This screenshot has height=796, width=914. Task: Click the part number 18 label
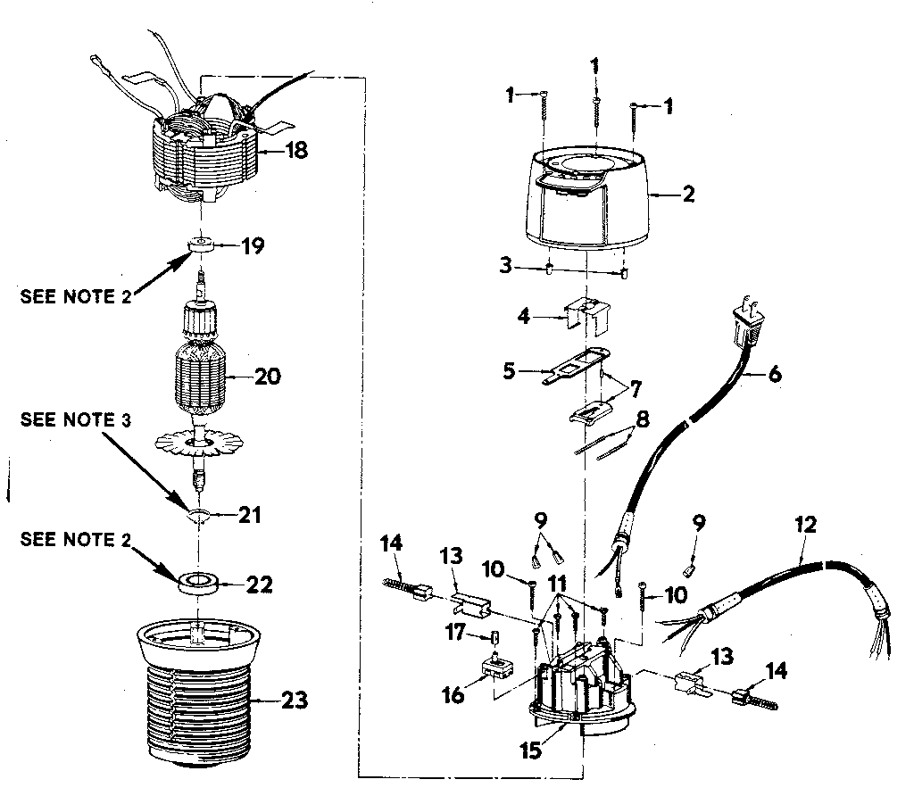point(296,150)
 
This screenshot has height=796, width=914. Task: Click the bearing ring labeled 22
point(198,584)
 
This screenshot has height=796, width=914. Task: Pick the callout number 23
point(295,700)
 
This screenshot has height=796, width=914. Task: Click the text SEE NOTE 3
point(76,419)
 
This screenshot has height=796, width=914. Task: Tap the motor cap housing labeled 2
point(589,198)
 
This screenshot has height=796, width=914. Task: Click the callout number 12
point(806,525)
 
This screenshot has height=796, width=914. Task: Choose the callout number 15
point(531,750)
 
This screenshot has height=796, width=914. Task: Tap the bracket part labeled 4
point(587,315)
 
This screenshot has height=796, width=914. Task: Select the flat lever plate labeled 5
point(576,365)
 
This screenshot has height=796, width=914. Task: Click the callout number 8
point(643,419)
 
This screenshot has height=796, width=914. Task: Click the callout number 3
point(505,265)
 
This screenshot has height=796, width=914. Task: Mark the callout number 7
point(636,389)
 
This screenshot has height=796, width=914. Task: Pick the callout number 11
point(558,584)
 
